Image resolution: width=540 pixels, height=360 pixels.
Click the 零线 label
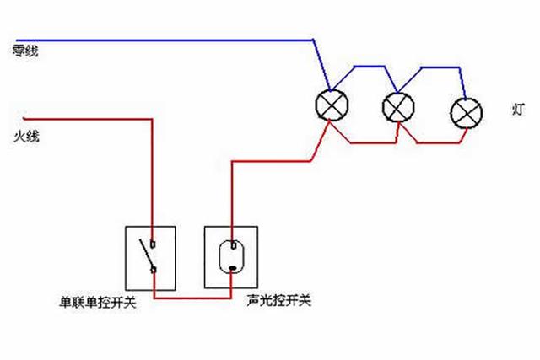tap(25, 51)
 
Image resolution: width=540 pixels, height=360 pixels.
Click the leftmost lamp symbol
tap(328, 104)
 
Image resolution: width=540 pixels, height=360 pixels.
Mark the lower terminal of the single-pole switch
tap(153, 269)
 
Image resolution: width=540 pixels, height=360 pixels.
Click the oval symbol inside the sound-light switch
tap(231, 257)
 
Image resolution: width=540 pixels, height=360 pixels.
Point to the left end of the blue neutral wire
tap(17, 39)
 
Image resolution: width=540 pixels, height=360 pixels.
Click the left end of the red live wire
tap(26, 117)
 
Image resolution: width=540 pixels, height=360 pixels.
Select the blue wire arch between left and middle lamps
tap(363, 67)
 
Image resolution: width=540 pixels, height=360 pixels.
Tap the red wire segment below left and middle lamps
tap(363, 142)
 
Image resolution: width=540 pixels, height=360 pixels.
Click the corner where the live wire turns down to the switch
tap(152, 118)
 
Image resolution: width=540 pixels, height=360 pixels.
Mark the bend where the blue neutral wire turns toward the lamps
tap(312, 39)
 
